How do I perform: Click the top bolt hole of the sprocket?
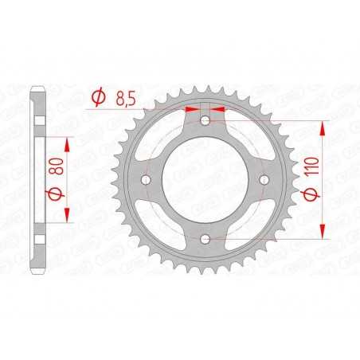(205, 121)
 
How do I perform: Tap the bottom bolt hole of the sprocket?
(205, 239)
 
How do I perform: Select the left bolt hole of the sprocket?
(147, 180)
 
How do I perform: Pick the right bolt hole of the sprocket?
(264, 180)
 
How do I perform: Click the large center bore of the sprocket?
(205, 180)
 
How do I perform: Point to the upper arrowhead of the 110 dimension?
(322, 127)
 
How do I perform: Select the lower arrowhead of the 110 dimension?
(322, 232)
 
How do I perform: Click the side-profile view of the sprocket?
(37, 180)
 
